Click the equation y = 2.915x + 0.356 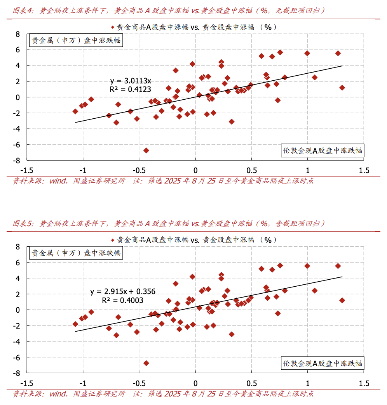coord(123,292)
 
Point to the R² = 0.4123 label coord(131,90)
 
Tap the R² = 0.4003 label coord(123,300)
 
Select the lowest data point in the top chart coord(146,150)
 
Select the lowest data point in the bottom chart coord(146,363)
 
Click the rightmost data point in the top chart coord(342,88)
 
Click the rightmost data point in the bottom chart coord(342,300)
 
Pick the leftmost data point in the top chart coord(75,111)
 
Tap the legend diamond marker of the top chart coord(113,27)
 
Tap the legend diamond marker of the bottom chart coord(113,240)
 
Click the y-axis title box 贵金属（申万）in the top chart coord(76,40)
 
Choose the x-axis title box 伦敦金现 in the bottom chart coord(322,363)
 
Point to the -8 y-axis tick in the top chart coord(17,160)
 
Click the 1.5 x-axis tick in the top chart coord(364,170)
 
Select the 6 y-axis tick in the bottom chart coord(17,262)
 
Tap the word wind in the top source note coord(57,181)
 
